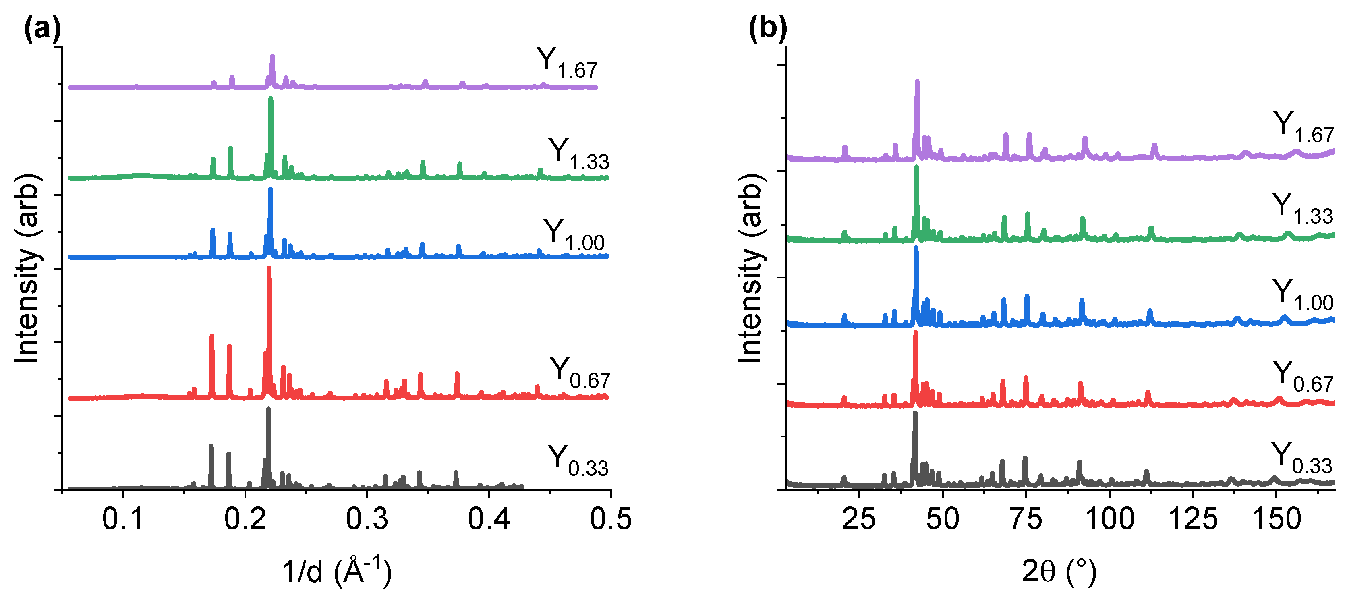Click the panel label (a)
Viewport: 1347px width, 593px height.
(42, 30)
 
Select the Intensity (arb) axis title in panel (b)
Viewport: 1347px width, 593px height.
(751, 268)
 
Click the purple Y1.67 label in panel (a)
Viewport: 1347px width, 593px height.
(566, 64)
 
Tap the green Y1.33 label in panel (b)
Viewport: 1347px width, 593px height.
(1302, 208)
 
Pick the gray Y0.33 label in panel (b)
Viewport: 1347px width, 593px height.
(1301, 458)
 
